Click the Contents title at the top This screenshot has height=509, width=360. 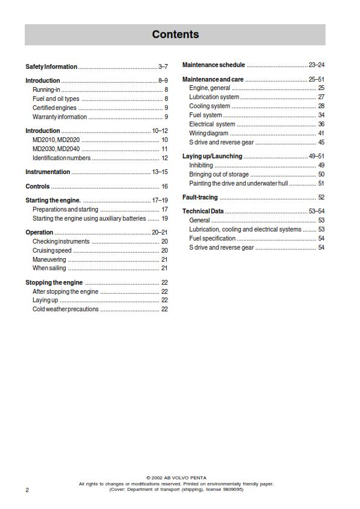pyautogui.click(x=175, y=34)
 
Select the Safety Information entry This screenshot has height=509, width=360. pyautogui.click(x=51, y=66)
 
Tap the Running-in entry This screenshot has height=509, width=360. pyautogui.click(x=46, y=89)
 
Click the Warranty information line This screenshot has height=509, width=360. pyautogui.click(x=60, y=117)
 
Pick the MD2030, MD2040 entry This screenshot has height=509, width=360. pyautogui.click(x=56, y=149)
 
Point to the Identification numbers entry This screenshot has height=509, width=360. pyautogui.click(x=62, y=158)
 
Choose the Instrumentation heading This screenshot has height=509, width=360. pyautogui.click(x=48, y=172)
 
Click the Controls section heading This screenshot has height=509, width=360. pyautogui.click(x=37, y=186)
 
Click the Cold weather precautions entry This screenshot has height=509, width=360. pyautogui.click(x=65, y=309)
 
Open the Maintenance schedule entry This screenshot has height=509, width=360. pyautogui.click(x=214, y=65)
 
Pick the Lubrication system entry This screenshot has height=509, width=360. pyautogui.click(x=214, y=97)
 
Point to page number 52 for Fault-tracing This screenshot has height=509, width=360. pyautogui.click(x=321, y=197)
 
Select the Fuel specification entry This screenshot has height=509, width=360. pyautogui.click(x=213, y=238)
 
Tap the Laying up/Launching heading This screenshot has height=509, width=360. pyautogui.click(x=213, y=156)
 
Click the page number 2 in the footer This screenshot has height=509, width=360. pyautogui.click(x=27, y=490)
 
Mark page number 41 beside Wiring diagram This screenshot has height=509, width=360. pyautogui.click(x=321, y=133)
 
